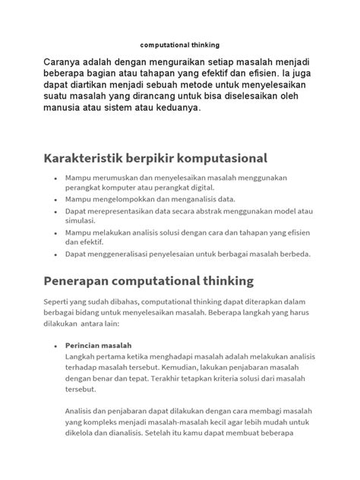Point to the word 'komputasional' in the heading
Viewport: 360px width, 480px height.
pyautogui.click(x=224, y=159)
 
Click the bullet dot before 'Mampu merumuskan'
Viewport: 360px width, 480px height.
pyautogui.click(x=55, y=177)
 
